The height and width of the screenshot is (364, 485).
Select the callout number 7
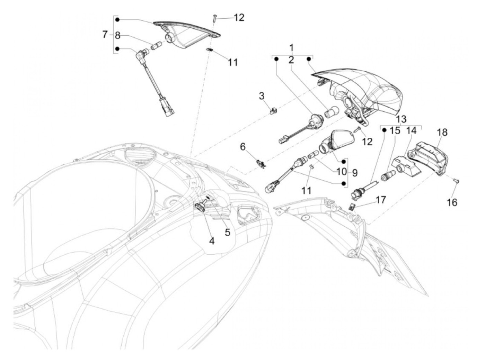coord(105,35)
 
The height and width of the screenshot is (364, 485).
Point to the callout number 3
coord(262,96)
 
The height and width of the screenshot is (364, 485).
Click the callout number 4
coord(211,241)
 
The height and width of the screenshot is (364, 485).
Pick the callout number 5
coord(227,233)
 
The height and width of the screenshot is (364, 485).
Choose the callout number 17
coord(381,200)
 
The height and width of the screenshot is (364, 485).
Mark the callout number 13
coord(401,119)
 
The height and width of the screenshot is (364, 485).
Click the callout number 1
coord(291,47)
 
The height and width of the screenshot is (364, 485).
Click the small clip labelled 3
coord(273,111)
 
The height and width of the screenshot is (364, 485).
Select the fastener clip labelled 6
coord(261,162)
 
